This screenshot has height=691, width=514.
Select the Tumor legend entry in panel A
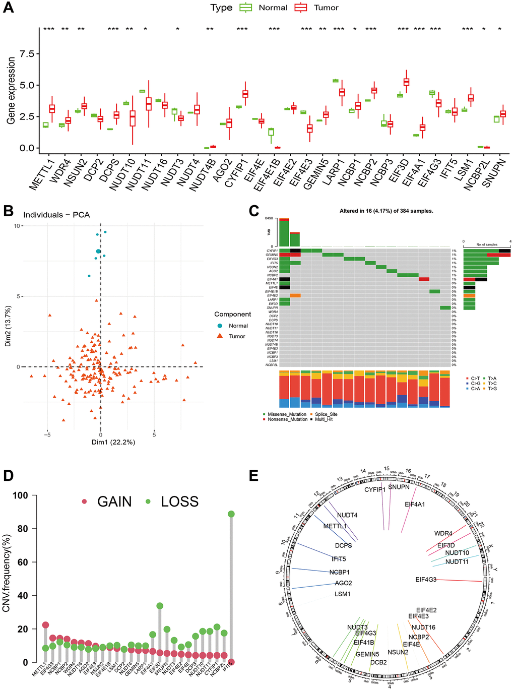point(326,8)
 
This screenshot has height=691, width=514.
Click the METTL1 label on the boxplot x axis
point(40,174)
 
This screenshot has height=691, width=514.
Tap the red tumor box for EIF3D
point(406,82)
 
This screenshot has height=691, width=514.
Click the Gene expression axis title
point(11,91)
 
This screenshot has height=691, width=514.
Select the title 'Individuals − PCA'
point(56,215)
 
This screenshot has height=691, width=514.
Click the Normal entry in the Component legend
point(238,326)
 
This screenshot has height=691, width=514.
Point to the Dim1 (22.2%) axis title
point(113,442)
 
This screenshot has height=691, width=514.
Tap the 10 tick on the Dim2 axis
point(17,226)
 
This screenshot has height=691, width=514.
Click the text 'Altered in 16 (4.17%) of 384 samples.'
point(386,211)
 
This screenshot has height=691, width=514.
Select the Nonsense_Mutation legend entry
point(287,419)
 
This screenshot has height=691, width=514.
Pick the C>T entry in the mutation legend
point(475,378)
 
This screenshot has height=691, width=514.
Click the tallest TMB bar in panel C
point(284,232)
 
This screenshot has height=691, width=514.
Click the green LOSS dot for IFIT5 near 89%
point(231,514)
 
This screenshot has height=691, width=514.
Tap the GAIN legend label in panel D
point(114,501)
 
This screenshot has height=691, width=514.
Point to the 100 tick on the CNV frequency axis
point(21,495)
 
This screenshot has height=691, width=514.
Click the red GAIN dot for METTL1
point(45,625)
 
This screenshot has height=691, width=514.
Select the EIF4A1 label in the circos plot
point(415,504)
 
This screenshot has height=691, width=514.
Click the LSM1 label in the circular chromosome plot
point(343,594)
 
